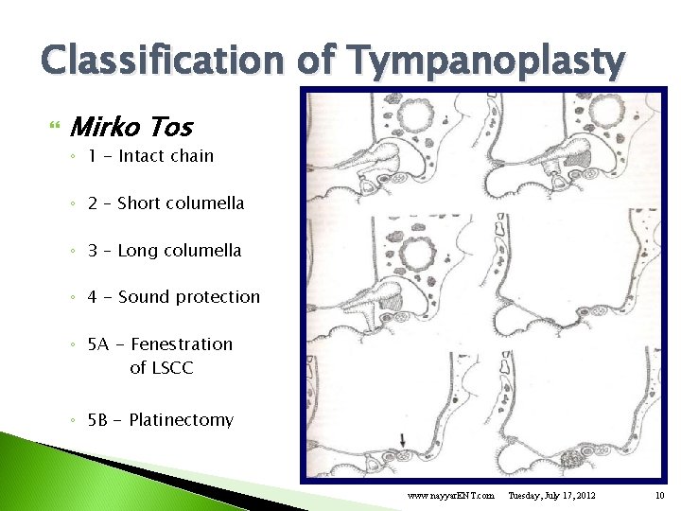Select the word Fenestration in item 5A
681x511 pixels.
pyautogui.click(x=181, y=344)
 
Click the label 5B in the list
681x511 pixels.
pyautogui.click(x=98, y=420)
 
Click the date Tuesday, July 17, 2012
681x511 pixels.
pyautogui.click(x=551, y=496)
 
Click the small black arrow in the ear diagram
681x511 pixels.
pyautogui.click(x=402, y=439)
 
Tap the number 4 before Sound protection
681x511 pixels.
pyautogui.click(x=93, y=297)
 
